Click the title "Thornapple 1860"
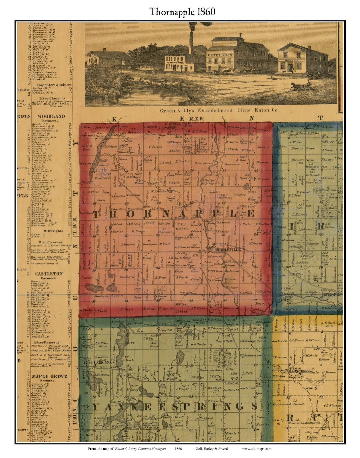pyautogui.click(x=182, y=12)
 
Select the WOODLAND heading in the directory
pyautogui.click(x=51, y=116)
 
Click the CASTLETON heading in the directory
pyautogui.click(x=49, y=273)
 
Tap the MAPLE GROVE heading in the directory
pyautogui.click(x=50, y=376)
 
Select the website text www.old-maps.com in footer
pyautogui.click(x=257, y=449)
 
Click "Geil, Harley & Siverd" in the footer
pyautogui.click(x=212, y=449)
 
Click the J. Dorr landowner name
pyautogui.click(x=86, y=277)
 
